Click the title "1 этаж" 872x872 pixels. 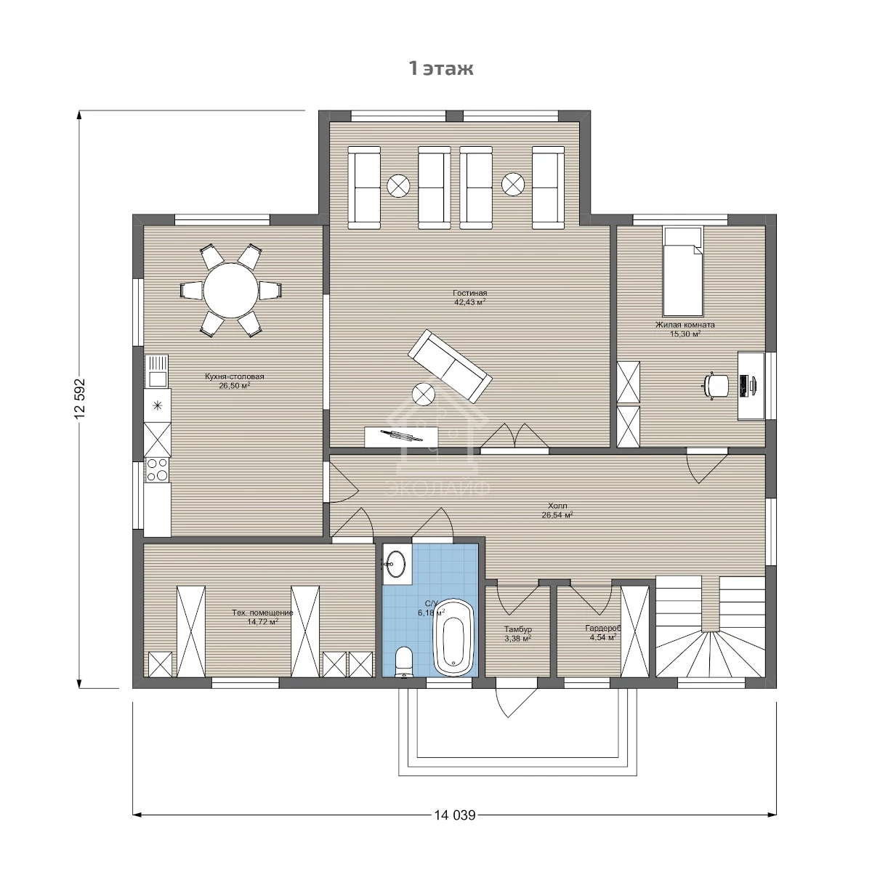tap(441, 68)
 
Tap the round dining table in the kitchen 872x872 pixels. tap(231, 291)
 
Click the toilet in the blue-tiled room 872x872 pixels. tap(403, 663)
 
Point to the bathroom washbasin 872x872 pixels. tap(397, 564)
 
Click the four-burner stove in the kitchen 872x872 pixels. tap(157, 469)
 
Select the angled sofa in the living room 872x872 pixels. tap(450, 366)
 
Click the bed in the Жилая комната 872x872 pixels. tap(683, 271)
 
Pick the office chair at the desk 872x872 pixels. tap(717, 386)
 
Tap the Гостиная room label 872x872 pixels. tap(469, 293)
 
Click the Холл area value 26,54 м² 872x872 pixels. tap(557, 514)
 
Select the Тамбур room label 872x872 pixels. tap(518, 629)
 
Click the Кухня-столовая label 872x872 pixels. tap(235, 376)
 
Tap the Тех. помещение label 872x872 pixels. tap(262, 613)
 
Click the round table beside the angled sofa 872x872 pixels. tap(424, 394)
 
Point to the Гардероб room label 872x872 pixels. tap(602, 628)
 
